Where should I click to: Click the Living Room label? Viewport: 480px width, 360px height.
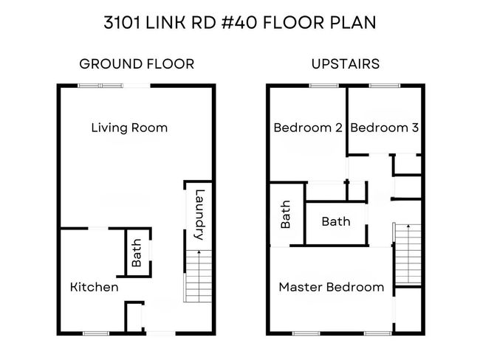(x=129, y=128)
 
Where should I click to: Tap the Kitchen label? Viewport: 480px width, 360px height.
(x=95, y=287)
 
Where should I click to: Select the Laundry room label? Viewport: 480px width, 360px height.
(x=199, y=215)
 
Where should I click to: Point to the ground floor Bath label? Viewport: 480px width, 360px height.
(x=137, y=253)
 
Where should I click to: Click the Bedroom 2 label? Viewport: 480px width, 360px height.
(x=308, y=128)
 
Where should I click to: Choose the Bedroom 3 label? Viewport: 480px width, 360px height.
(x=385, y=128)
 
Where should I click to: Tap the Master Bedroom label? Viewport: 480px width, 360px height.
(x=332, y=287)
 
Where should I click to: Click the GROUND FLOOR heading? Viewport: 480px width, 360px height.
(x=137, y=64)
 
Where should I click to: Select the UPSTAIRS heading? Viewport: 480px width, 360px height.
(x=346, y=64)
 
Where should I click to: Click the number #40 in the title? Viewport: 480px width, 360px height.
(x=239, y=23)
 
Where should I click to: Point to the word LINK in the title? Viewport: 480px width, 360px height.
(x=165, y=23)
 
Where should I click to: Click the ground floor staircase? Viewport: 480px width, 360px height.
(x=198, y=277)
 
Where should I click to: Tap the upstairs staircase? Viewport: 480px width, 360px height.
(x=408, y=255)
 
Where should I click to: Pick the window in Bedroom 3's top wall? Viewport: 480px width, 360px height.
(x=385, y=86)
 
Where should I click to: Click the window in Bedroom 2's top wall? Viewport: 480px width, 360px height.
(x=324, y=86)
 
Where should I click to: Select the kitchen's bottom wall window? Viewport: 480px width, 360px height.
(x=96, y=333)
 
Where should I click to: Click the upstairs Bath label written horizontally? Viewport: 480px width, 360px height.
(x=336, y=221)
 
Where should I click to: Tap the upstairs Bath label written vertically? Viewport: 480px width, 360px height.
(x=285, y=215)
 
